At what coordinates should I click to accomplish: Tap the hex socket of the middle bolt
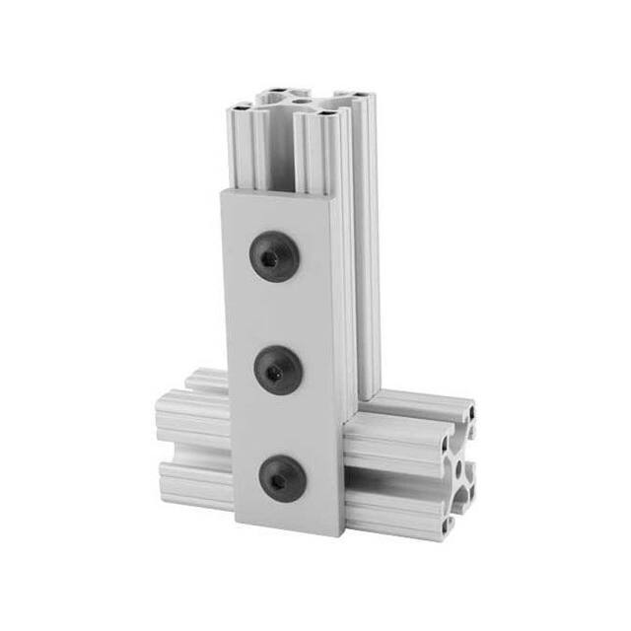(275, 370)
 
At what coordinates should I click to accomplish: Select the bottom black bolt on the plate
(279, 479)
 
